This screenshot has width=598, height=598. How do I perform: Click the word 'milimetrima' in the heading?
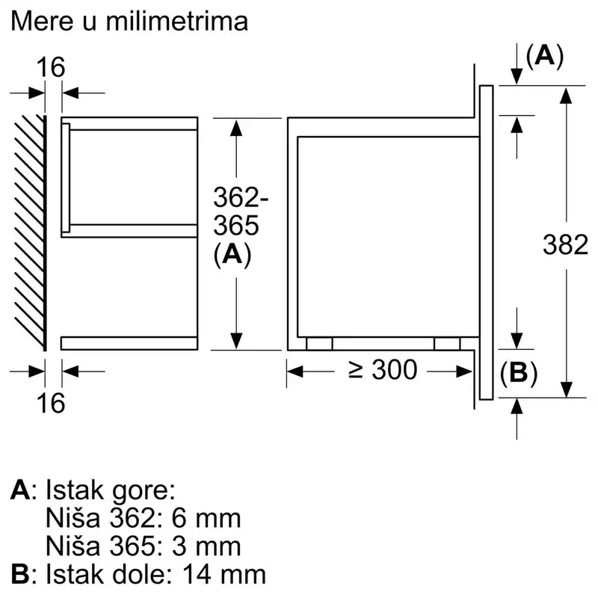click(177, 22)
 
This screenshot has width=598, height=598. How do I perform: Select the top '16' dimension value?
click(51, 67)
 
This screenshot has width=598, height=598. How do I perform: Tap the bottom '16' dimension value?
click(51, 403)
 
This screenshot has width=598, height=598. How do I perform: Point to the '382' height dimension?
click(566, 244)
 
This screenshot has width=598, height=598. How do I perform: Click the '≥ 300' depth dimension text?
click(383, 369)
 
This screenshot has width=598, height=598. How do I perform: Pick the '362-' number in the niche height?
click(241, 197)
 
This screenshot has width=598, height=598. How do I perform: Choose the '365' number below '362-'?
click(236, 225)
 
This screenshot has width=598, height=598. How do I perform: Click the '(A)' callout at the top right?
click(545, 56)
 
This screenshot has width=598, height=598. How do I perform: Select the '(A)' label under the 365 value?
click(232, 255)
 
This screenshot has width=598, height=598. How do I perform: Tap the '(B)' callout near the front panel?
click(519, 372)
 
